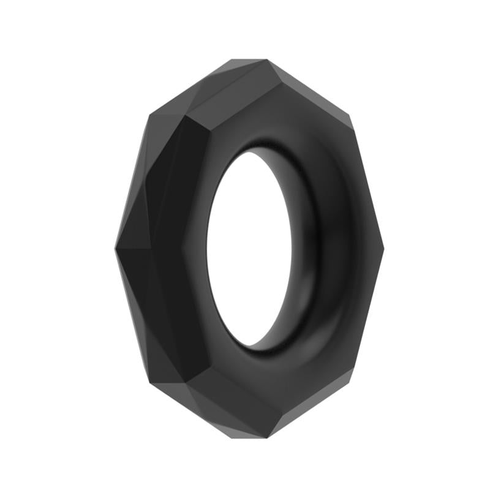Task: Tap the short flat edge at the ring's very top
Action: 248,60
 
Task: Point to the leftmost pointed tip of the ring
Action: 116,248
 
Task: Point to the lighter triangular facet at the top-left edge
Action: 184,92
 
